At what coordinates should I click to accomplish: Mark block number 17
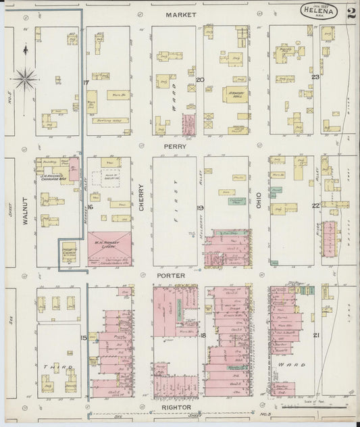(86, 82)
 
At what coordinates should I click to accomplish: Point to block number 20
(200, 80)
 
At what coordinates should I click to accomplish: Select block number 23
(315, 77)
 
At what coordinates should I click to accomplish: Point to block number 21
(315, 335)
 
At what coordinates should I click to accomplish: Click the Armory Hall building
(234, 95)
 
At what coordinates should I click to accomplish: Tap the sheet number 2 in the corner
(350, 13)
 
